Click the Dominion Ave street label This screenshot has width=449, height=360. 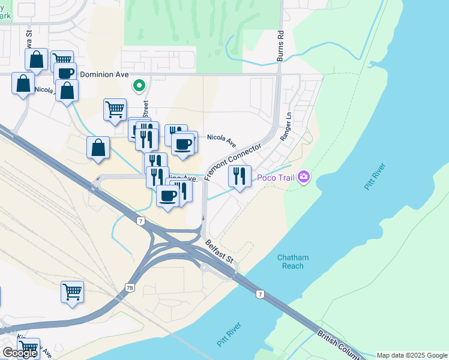[105, 74]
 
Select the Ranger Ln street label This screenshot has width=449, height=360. [286, 126]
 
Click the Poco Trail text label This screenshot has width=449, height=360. [275, 177]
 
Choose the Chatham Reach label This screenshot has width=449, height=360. [293, 262]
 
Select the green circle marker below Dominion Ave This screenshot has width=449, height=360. [139, 86]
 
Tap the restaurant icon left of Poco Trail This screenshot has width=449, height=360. [240, 176]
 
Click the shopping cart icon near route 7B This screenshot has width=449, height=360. [72, 292]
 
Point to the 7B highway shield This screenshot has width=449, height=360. [130, 288]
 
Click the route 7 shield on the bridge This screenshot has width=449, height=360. [259, 294]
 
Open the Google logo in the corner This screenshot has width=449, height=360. [20, 352]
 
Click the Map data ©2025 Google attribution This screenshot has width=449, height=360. [411, 355]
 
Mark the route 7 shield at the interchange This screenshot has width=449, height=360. [140, 221]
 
